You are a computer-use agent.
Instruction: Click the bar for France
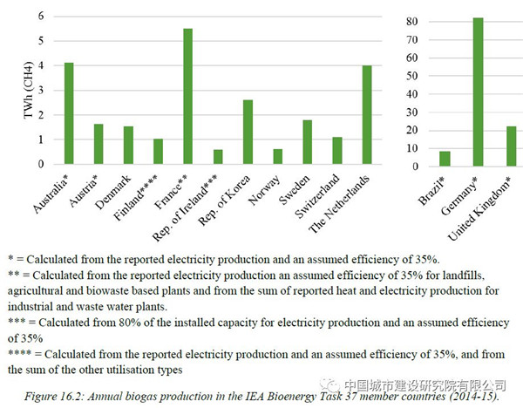pyautogui.click(x=187, y=96)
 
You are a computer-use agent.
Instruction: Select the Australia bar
pyautogui.click(x=69, y=113)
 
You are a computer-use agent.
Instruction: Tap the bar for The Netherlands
pyautogui.click(x=367, y=114)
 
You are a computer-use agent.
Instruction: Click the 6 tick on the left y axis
pyautogui.click(x=41, y=16)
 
